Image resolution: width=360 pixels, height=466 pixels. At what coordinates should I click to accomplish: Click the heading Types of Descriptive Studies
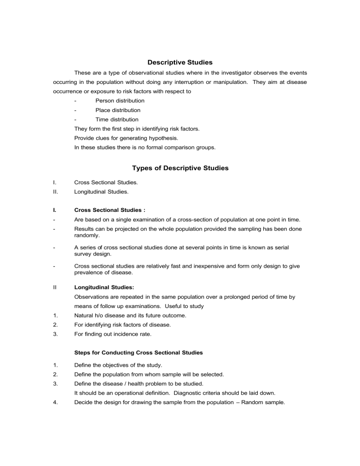(180, 168)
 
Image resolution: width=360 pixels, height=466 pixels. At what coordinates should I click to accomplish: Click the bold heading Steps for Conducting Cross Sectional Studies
(138, 353)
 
